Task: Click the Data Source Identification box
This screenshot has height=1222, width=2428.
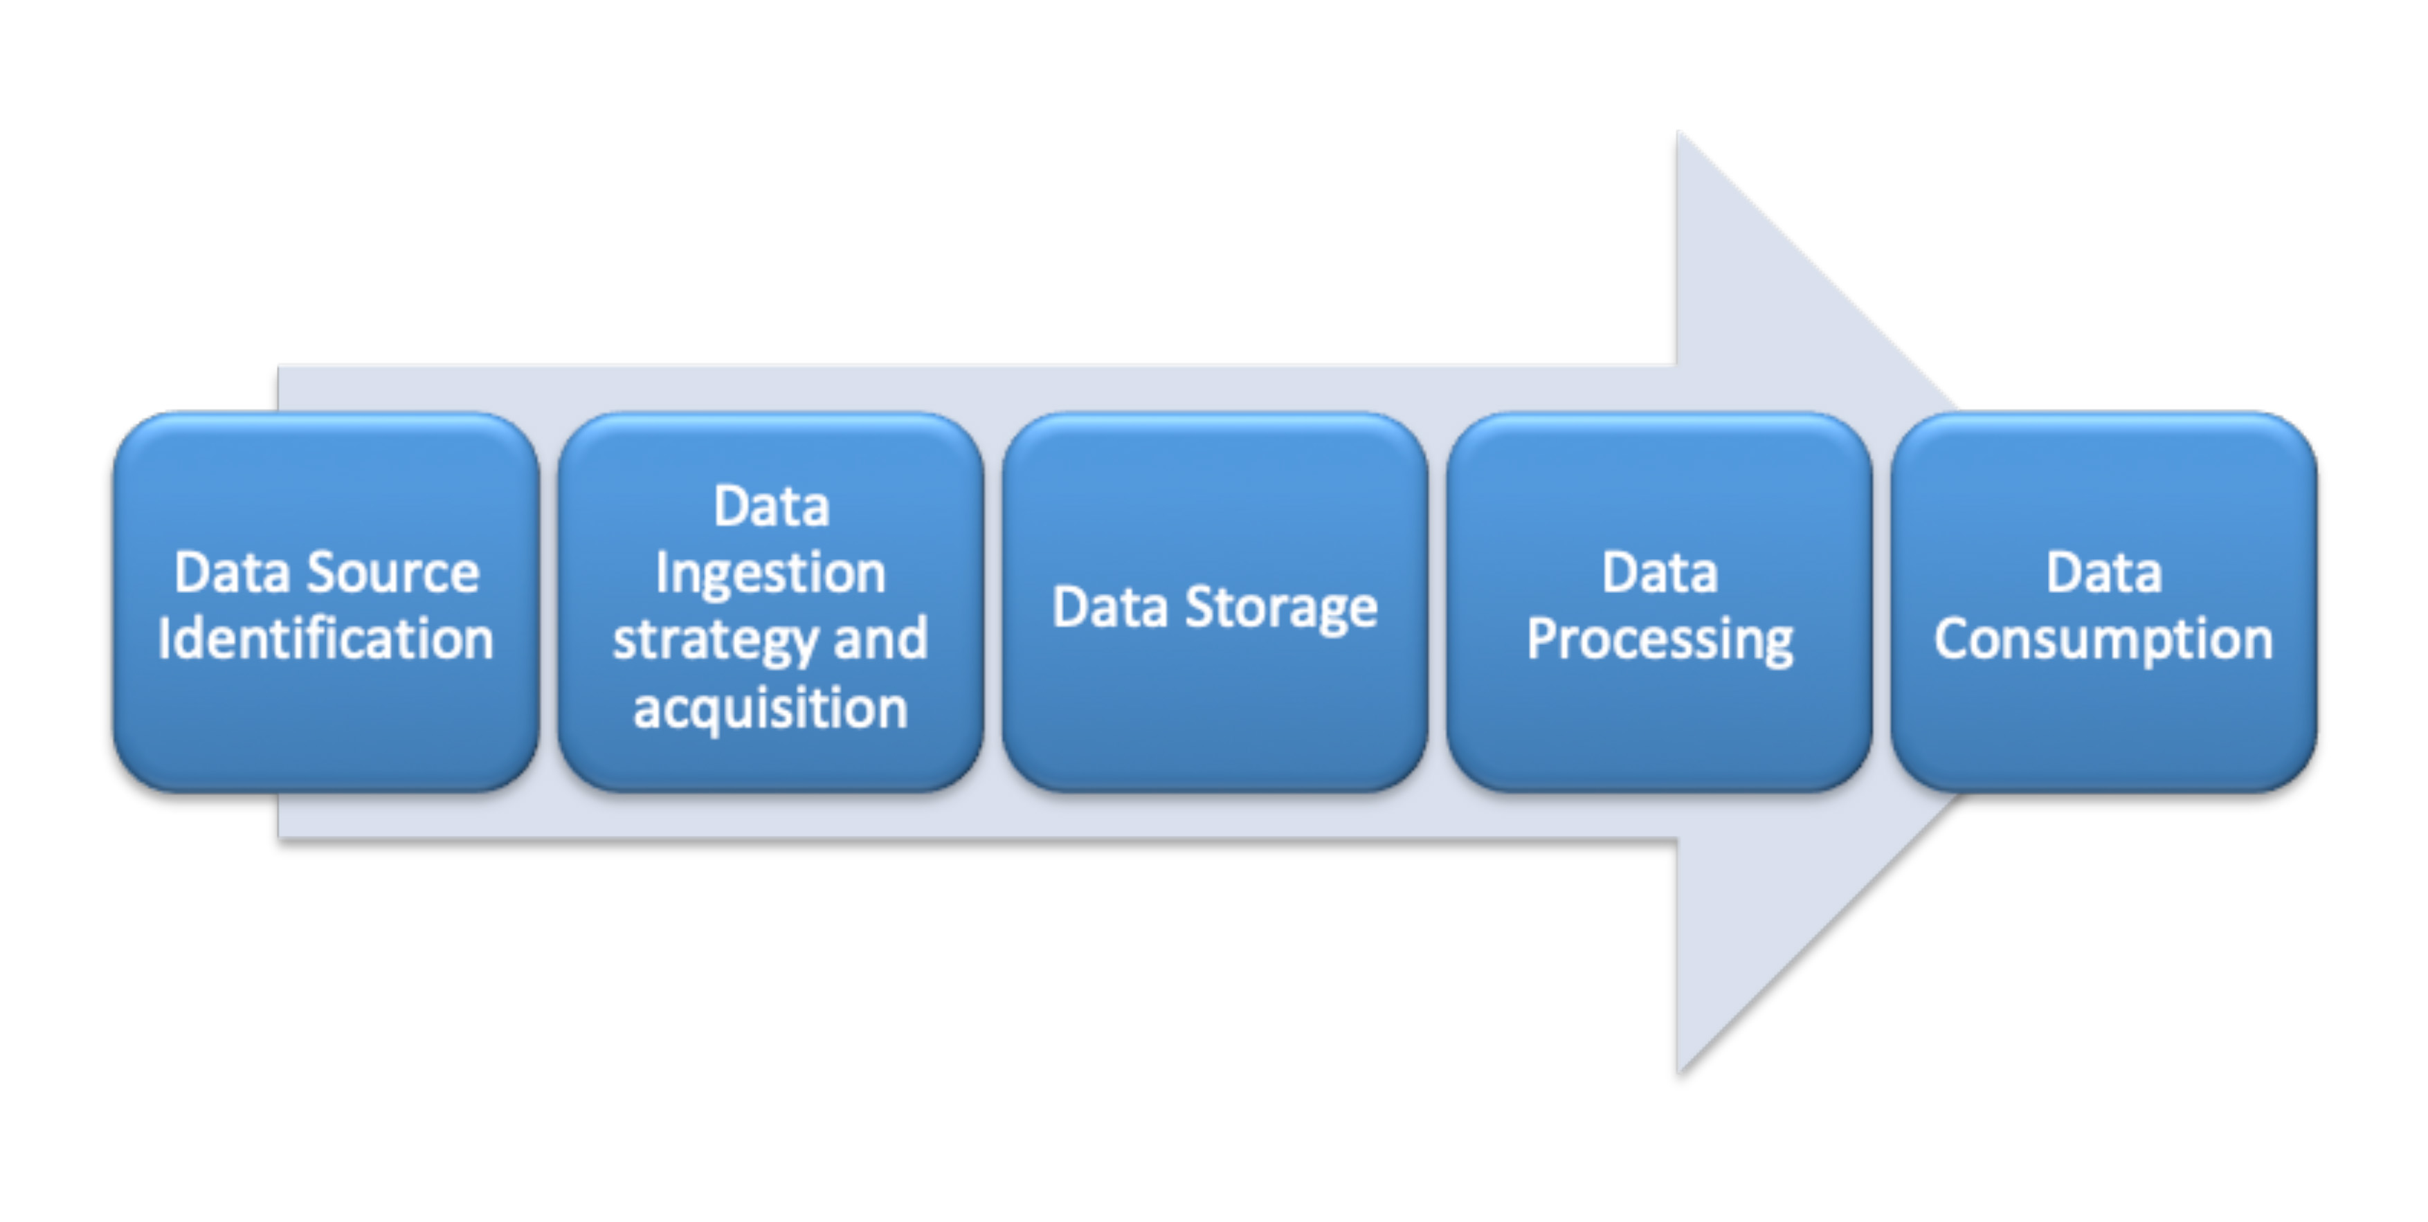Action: point(326,602)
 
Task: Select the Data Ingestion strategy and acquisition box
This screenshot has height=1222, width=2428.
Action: point(771,602)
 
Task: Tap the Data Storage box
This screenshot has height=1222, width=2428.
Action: point(1215,602)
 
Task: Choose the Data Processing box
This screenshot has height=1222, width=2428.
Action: point(1659,602)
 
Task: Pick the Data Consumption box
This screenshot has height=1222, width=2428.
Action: point(2104,602)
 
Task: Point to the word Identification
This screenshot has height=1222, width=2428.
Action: point(326,639)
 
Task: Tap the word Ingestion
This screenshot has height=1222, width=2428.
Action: point(771,574)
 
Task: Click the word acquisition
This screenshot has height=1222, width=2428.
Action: point(771,709)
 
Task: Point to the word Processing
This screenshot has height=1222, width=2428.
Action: point(1660,641)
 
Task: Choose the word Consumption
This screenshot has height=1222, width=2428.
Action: point(2104,641)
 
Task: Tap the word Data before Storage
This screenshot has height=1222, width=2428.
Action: point(1110,607)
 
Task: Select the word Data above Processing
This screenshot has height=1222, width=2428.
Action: point(1660,573)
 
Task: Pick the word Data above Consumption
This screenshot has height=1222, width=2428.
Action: point(2104,573)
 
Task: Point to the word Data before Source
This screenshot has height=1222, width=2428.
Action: point(232,573)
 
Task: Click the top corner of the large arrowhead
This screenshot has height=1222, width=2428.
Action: point(1678,133)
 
